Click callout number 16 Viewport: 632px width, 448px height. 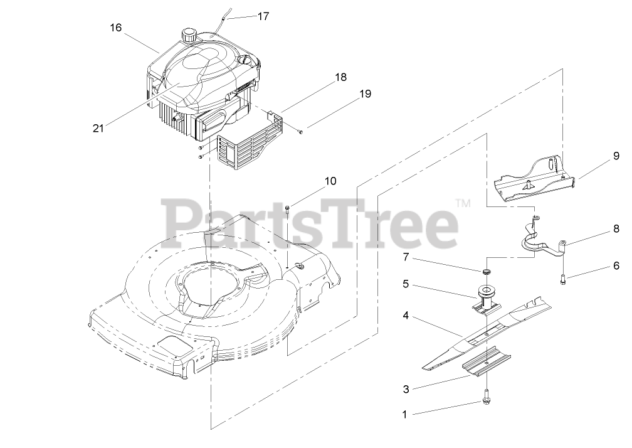point(115,28)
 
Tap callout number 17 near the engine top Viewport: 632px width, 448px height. point(263,16)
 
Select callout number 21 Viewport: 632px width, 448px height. point(98,128)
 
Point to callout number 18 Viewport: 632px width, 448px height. point(340,78)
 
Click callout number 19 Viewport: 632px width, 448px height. point(365,94)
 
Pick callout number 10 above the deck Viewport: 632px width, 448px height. point(330,181)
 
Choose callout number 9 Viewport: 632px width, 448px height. point(616,156)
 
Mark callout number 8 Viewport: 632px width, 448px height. point(616,229)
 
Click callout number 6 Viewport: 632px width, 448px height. point(616,265)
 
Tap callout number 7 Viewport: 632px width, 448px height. point(406,257)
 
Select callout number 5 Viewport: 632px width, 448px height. point(406,284)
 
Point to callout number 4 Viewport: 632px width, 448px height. point(406,316)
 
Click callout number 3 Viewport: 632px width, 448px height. point(406,389)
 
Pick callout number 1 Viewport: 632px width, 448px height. point(404,414)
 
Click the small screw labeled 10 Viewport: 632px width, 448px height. point(287,210)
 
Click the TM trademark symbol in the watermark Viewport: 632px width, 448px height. point(462,203)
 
